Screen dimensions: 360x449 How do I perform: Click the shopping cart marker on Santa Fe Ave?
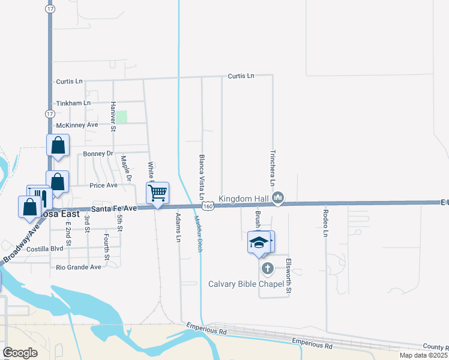157,194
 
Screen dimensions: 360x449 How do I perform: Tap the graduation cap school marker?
259,242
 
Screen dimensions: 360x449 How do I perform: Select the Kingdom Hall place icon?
278,197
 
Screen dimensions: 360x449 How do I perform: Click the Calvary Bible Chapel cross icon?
268,268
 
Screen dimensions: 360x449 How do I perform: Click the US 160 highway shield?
208,206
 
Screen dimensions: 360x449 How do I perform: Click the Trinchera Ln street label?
273,167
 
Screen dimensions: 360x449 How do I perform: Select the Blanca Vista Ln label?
202,177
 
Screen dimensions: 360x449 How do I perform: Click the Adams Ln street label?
178,226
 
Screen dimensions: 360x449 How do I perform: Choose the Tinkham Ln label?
73,103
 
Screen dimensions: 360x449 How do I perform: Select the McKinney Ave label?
76,125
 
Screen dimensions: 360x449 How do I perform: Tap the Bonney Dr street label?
98,154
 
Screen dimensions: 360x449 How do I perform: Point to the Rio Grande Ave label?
78,267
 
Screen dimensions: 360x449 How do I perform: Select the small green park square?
121,117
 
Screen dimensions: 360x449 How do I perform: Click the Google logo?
20,353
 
